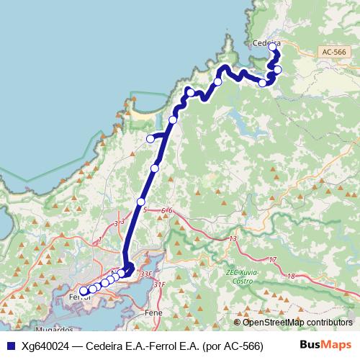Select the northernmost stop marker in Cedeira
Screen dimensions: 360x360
[273, 48]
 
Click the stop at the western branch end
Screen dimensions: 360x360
[150, 139]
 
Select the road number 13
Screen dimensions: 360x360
[233, 238]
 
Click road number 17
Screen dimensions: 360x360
[271, 259]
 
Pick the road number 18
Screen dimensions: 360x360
[290, 276]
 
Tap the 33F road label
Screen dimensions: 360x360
[146, 274]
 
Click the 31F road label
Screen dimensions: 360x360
[160, 284]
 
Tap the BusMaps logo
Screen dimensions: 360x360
[325, 344]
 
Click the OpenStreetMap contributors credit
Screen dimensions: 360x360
[297, 322]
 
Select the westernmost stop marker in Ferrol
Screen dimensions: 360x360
[84, 292]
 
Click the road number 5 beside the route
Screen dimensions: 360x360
[145, 210]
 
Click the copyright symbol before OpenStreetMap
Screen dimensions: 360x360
[237, 322]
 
